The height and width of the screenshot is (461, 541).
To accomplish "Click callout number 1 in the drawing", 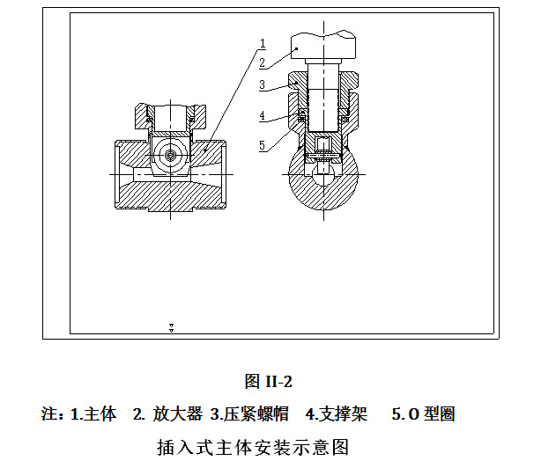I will pyautogui.click(x=263, y=42).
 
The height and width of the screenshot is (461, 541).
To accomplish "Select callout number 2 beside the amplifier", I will pyautogui.click(x=263, y=62).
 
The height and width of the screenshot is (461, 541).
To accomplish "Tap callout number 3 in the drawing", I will pyautogui.click(x=263, y=84).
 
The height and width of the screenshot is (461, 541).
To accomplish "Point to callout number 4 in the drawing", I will pyautogui.click(x=263, y=115).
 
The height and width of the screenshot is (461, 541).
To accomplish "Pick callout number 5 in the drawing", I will pyautogui.click(x=263, y=145).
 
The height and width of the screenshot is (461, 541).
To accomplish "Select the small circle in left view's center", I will pyautogui.click(x=169, y=155).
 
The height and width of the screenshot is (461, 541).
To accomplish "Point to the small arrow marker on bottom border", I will pyautogui.click(x=171, y=328).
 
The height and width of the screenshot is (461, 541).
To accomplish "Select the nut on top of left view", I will pyautogui.click(x=170, y=115).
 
